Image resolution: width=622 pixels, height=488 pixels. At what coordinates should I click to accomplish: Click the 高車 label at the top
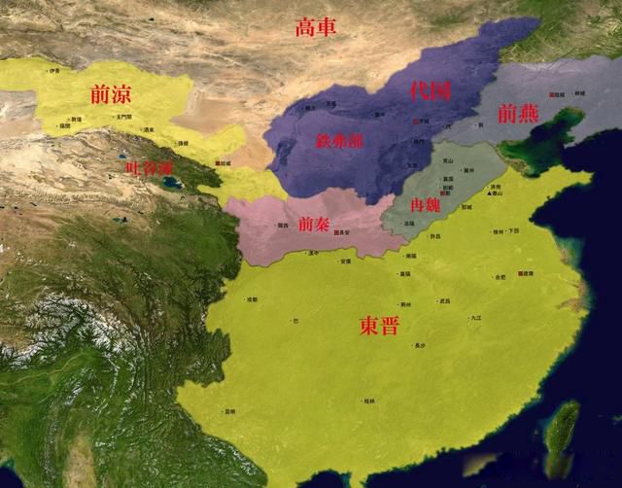click(x=316, y=28)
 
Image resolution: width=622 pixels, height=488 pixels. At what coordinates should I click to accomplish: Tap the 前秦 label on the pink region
click(x=314, y=224)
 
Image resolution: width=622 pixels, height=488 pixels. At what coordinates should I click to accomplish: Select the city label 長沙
click(x=420, y=346)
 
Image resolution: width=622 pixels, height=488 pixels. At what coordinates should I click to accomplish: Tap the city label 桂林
click(x=370, y=401)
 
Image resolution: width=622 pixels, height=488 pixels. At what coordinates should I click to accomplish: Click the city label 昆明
click(x=229, y=412)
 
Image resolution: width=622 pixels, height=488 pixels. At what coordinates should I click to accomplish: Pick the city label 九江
click(x=475, y=318)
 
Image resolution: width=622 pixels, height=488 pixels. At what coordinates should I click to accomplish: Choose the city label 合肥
click(x=500, y=277)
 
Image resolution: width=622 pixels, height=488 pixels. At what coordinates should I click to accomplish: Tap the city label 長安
click(x=342, y=233)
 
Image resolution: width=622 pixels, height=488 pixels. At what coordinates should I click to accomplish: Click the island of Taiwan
click(x=561, y=437)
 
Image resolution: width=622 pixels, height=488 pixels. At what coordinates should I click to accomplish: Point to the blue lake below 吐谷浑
click(x=171, y=182)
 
